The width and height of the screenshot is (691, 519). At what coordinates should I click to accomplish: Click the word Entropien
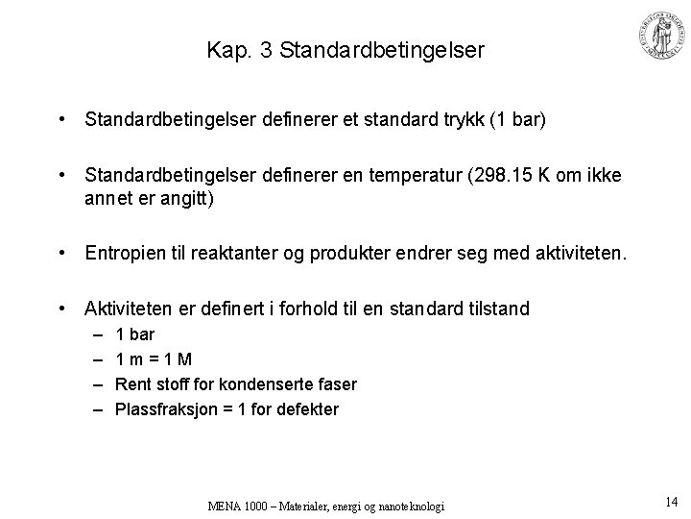127,253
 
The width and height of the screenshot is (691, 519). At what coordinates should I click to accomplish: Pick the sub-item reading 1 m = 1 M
154,359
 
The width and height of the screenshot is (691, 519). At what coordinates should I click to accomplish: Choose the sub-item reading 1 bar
134,334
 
